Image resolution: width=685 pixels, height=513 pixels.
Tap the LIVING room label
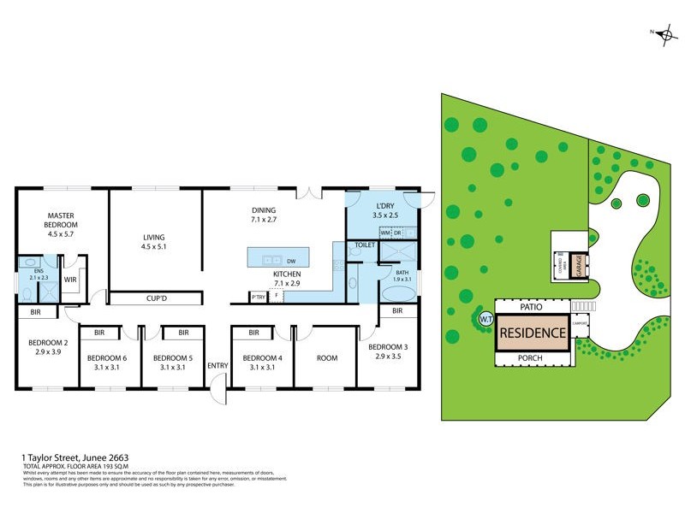point(154,243)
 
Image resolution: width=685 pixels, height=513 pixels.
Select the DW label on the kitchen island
point(292,260)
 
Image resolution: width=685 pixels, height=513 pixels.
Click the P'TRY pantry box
point(257,297)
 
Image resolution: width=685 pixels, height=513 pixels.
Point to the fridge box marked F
point(276,297)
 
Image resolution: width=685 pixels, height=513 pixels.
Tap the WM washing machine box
point(385,233)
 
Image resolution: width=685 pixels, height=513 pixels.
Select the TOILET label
point(366,245)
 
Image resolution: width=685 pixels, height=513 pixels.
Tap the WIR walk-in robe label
point(70,279)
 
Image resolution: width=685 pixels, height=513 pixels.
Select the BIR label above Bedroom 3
point(397,311)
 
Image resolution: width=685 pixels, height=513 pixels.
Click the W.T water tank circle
point(485,319)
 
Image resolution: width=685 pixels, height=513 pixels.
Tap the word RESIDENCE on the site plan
point(533,333)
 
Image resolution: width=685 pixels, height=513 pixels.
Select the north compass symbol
point(662,33)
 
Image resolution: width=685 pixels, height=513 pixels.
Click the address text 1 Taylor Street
point(75,457)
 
